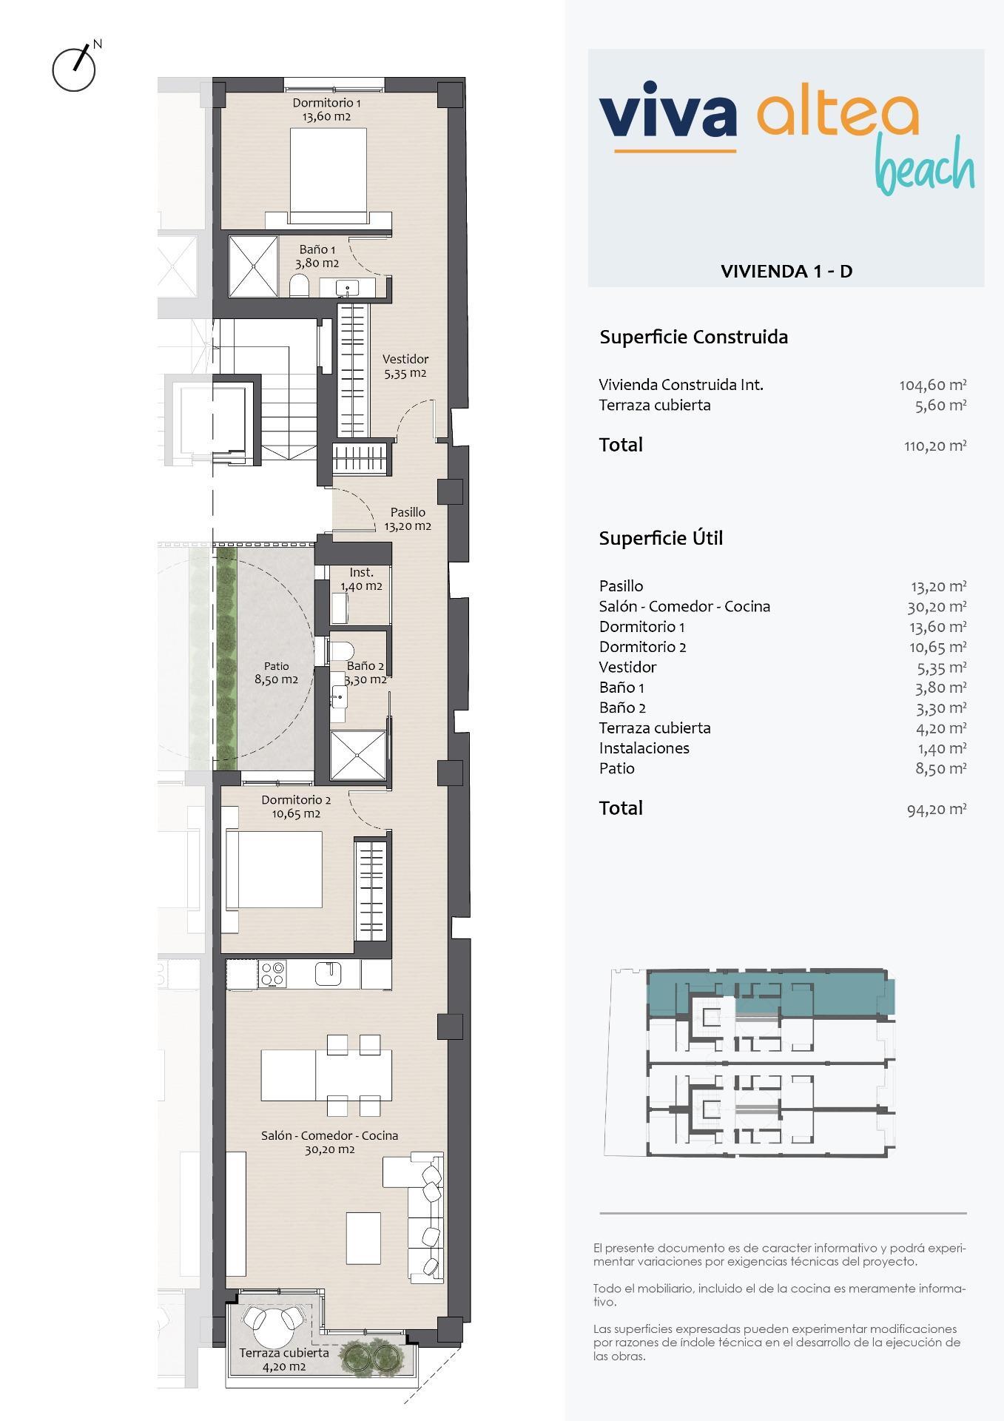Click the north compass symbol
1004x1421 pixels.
click(x=75, y=67)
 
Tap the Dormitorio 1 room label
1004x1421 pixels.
click(x=326, y=110)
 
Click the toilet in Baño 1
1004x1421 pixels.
click(x=299, y=286)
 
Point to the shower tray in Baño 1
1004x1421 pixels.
click(x=253, y=266)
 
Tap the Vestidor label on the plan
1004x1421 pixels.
click(x=405, y=366)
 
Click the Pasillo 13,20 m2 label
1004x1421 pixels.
click(x=408, y=519)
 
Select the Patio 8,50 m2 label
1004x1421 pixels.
click(x=276, y=673)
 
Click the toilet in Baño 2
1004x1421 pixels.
click(x=341, y=651)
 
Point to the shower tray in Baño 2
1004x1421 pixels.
click(x=358, y=755)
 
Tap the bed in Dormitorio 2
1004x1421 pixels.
click(x=274, y=870)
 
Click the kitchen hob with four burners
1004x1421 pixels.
click(x=272, y=974)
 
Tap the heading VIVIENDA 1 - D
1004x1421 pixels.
click(x=786, y=271)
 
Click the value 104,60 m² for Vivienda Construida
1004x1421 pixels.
click(x=933, y=385)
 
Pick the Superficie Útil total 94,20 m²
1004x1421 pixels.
click(x=937, y=809)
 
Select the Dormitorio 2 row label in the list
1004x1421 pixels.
click(x=642, y=647)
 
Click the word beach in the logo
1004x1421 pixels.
click(x=924, y=167)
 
